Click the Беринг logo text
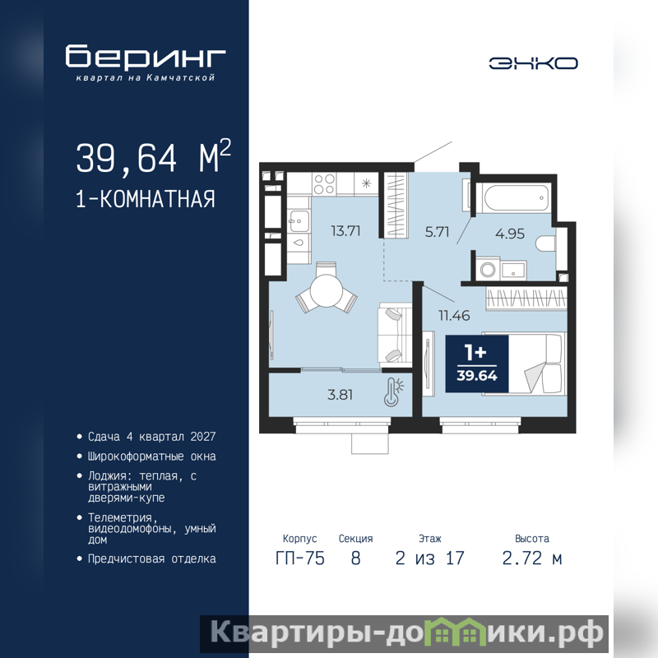click(x=146, y=56)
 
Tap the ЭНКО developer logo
click(x=533, y=63)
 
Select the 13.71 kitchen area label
click(x=345, y=231)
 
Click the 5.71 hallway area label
click(x=437, y=232)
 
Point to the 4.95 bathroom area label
click(x=510, y=234)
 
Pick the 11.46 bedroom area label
click(x=454, y=315)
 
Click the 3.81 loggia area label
click(x=340, y=395)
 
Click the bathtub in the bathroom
click(x=517, y=197)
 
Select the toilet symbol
click(x=545, y=243)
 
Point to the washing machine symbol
click(x=488, y=269)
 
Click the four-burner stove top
click(x=324, y=183)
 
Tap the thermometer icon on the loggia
click(x=393, y=392)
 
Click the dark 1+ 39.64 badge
click(x=477, y=364)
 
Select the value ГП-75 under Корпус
click(x=300, y=558)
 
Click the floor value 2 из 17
click(x=429, y=558)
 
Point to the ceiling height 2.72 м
click(x=531, y=558)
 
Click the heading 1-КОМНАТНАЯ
click(x=146, y=198)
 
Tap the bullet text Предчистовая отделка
click(x=152, y=559)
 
